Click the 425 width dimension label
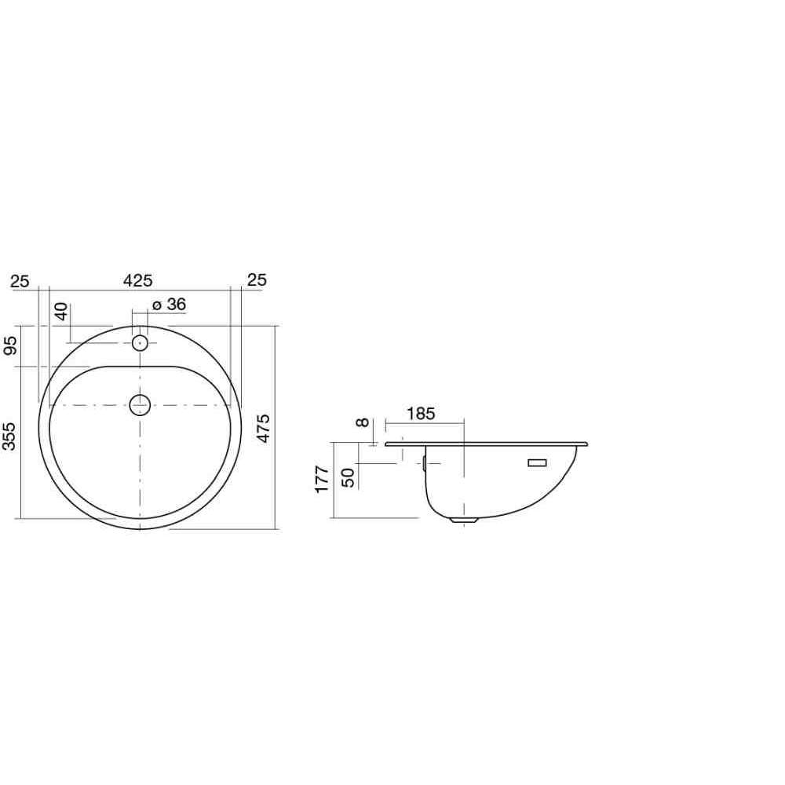tap(137, 280)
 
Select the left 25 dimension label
tap(20, 281)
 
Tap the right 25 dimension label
tap(257, 279)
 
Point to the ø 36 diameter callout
tap(170, 305)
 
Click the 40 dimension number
tap(61, 312)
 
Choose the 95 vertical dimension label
tap(10, 345)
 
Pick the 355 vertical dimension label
tap(9, 436)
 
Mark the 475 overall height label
tap(263, 428)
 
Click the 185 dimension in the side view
tap(421, 414)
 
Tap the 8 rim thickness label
tap(363, 422)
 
